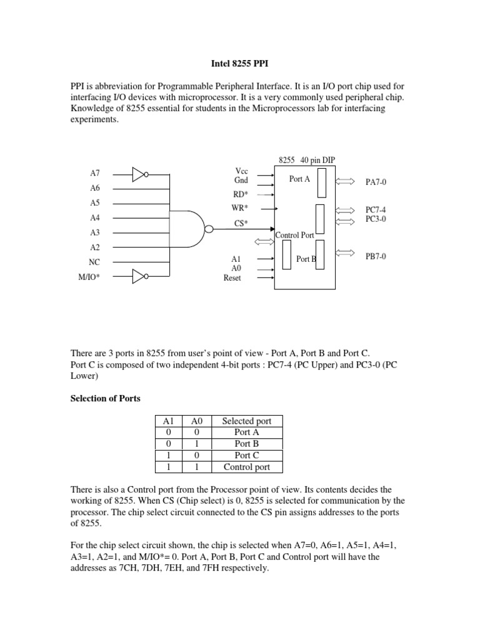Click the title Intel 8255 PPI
click(x=240, y=63)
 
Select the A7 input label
click(x=95, y=172)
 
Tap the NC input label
click(x=94, y=262)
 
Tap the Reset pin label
click(x=232, y=277)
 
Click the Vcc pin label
click(x=241, y=171)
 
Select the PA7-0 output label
click(x=376, y=182)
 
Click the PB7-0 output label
click(x=376, y=256)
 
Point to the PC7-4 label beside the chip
click(x=376, y=211)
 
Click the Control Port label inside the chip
click(x=295, y=236)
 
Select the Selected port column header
click(x=247, y=421)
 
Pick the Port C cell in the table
click(x=247, y=455)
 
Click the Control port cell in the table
click(x=247, y=467)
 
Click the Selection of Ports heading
click(x=105, y=399)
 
